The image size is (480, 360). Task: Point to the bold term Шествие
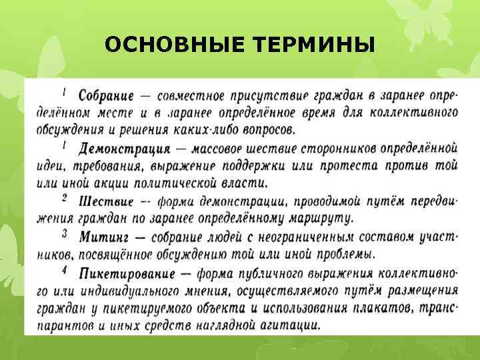(106, 200)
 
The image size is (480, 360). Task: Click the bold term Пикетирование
(127, 273)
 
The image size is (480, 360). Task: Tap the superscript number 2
(65, 197)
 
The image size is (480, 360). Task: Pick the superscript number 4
(65, 269)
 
